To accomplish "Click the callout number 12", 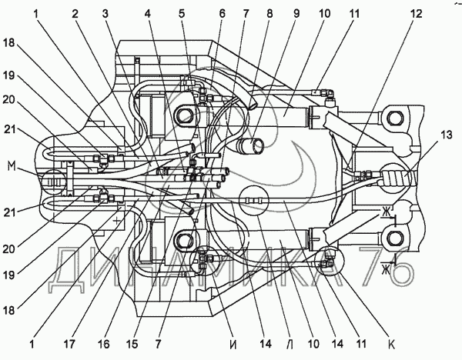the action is pyautogui.click(x=416, y=14).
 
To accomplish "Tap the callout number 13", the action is pyautogui.click(x=446, y=135).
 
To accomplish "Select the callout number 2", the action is pyautogui.click(x=75, y=14).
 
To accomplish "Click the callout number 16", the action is pyautogui.click(x=104, y=344).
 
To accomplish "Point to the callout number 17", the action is pyautogui.click(x=69, y=344).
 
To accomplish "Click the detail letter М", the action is pyautogui.click(x=12, y=168).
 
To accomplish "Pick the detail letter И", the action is pyautogui.click(x=233, y=344).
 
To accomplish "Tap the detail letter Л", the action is pyautogui.click(x=290, y=344).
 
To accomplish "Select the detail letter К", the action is pyautogui.click(x=391, y=344).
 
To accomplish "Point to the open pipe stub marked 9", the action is pyautogui.click(x=250, y=145).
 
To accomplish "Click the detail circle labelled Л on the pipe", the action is pyautogui.click(x=253, y=200).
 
